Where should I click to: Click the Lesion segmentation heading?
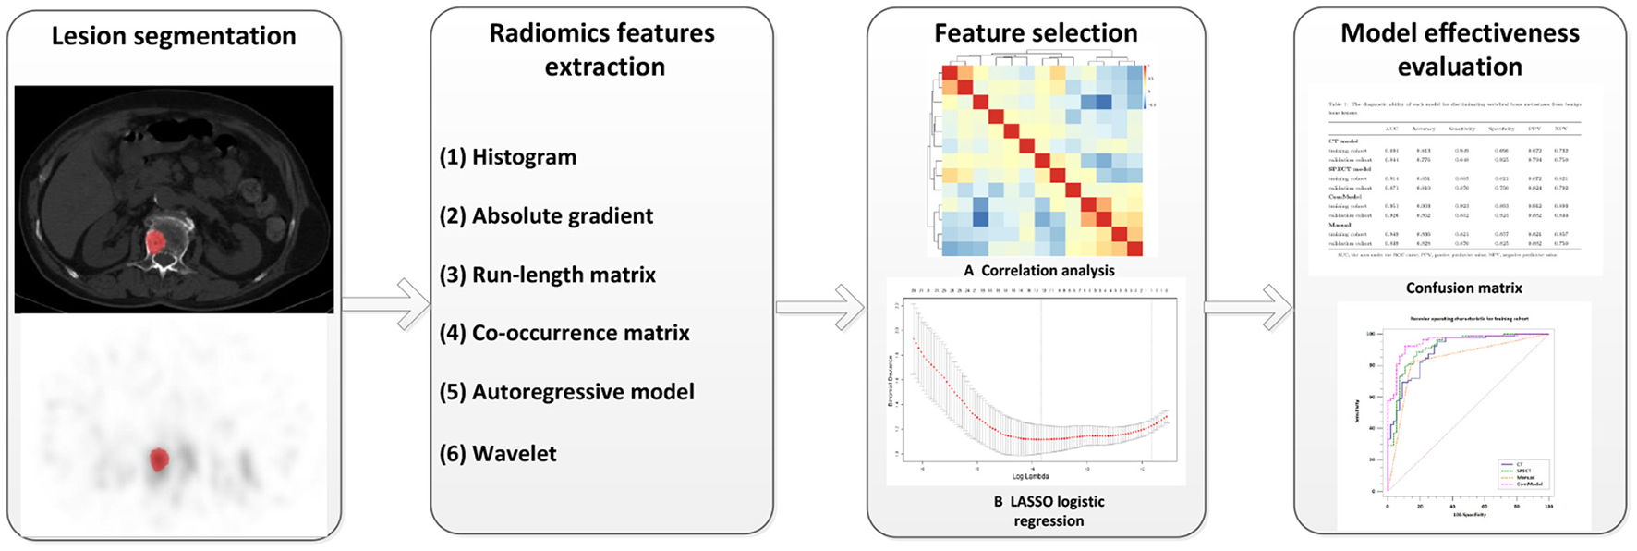tap(174, 36)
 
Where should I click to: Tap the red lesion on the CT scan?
tap(156, 241)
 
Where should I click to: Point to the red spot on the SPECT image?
tap(159, 459)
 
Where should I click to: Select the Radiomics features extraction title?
tap(602, 49)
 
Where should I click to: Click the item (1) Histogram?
tap(508, 157)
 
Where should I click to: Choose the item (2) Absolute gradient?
tap(546, 216)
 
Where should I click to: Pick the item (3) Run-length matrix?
tap(548, 275)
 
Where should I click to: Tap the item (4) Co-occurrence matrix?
tap(564, 333)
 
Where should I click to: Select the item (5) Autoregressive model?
tap(566, 392)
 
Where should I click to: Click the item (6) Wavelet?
tap(498, 454)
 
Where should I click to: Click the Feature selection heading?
tap(1036, 33)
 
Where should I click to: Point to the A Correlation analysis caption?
tap(1038, 271)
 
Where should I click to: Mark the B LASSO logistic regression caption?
tap(1049, 511)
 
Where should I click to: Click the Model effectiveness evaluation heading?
tap(1460, 49)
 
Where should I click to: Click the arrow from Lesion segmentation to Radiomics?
tap(386, 304)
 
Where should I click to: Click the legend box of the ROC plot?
tap(1523, 474)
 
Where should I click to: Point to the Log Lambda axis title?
tap(1030, 477)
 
